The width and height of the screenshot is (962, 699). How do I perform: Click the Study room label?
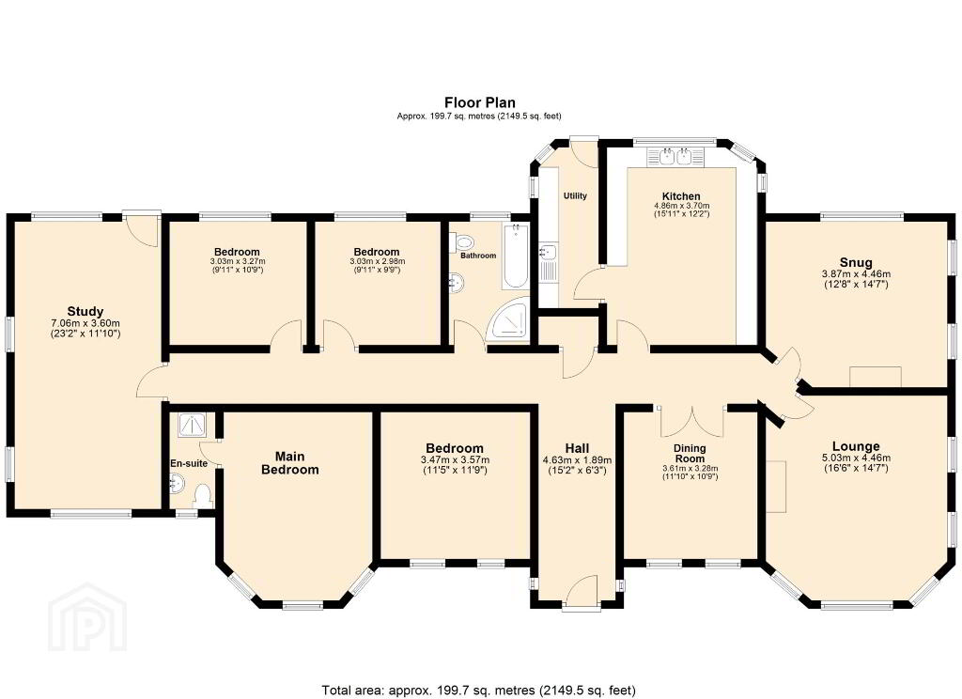pos(85,311)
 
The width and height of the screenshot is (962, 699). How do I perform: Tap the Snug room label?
pos(856,263)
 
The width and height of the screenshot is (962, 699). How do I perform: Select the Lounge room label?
pos(856,446)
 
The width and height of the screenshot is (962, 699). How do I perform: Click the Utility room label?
pos(576,195)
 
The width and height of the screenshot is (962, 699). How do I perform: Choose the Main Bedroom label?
pos(290,463)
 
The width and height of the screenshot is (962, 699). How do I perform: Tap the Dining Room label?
pos(690,454)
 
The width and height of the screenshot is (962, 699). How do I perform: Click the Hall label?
pos(578,448)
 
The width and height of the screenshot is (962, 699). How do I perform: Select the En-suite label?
pos(189,463)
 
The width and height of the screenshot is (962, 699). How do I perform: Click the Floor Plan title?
pos(480,102)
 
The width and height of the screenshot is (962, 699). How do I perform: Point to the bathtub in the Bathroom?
pos(514,256)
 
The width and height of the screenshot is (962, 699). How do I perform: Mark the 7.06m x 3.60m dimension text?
pos(85,323)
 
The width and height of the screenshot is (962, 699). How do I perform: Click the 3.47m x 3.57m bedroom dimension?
pos(456,460)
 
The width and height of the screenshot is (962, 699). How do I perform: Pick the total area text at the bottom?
pos(479,690)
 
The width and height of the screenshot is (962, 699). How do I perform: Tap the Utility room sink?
pos(548,252)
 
